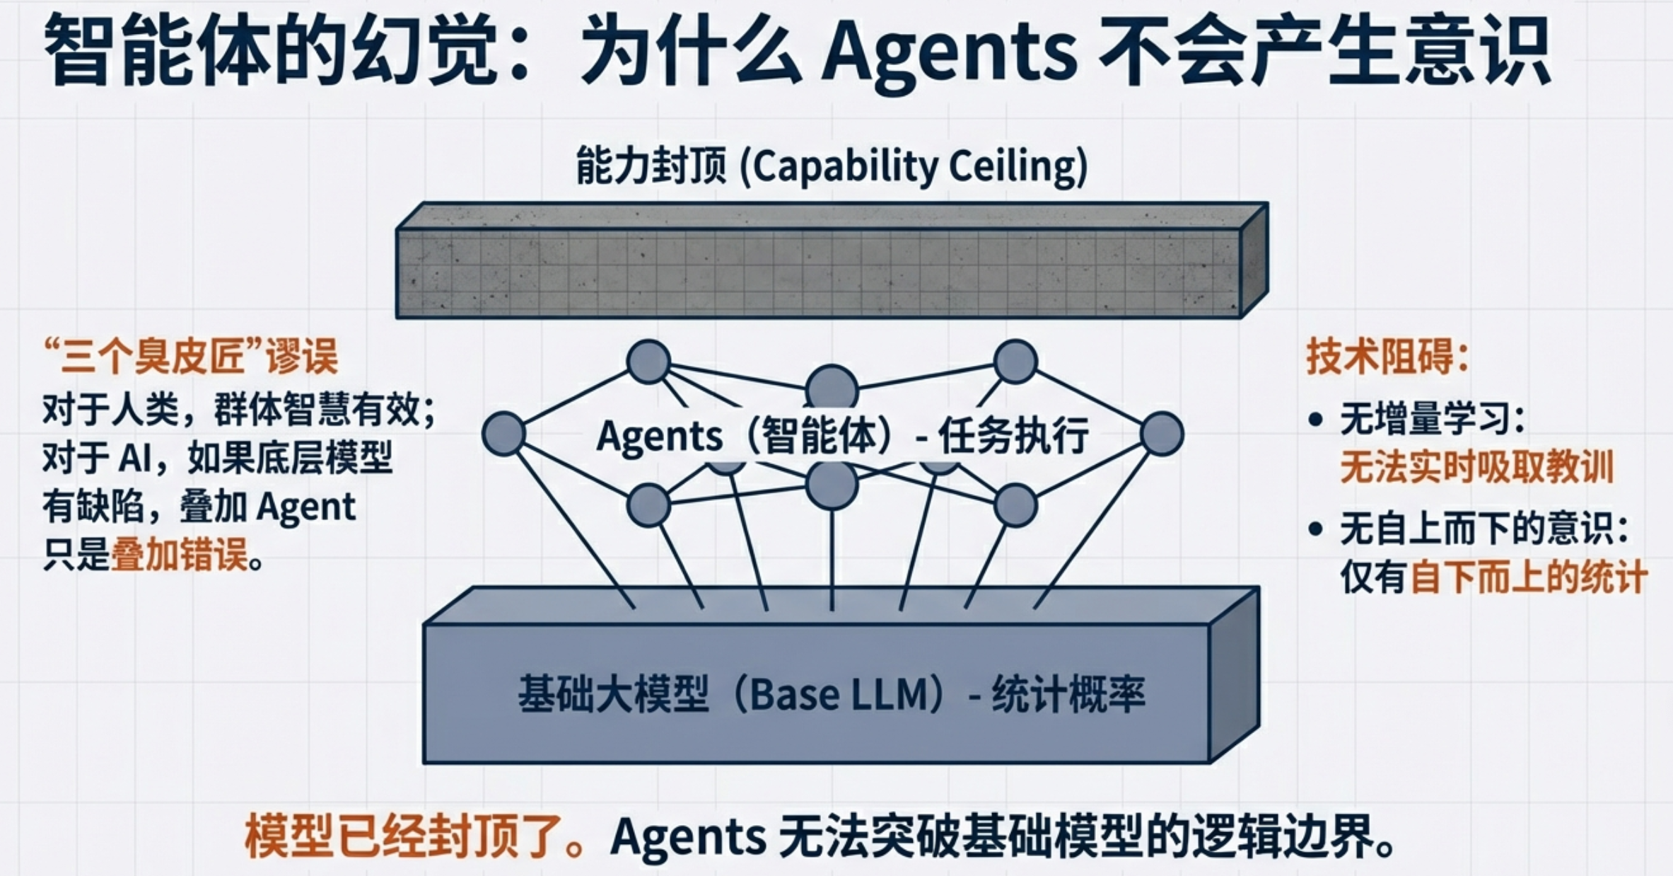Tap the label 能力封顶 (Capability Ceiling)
click(x=832, y=166)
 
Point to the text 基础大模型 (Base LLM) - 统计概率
click(x=831, y=694)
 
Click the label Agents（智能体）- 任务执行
click(x=841, y=435)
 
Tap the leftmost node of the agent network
click(x=503, y=434)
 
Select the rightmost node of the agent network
click(x=1162, y=434)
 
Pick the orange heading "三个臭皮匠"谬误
click(x=191, y=356)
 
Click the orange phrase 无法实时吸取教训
click(x=1476, y=468)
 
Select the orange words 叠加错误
click(x=180, y=555)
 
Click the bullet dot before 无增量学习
click(x=1315, y=420)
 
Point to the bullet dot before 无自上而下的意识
click(x=1315, y=529)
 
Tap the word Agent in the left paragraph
click(x=305, y=507)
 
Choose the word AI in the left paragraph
click(x=134, y=459)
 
